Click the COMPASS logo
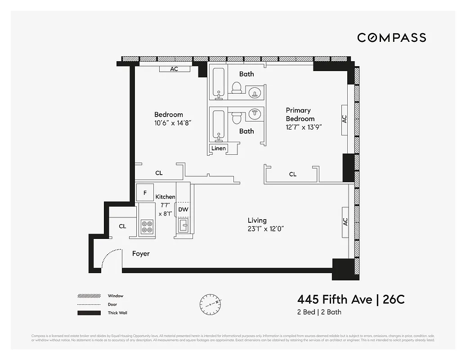tap(391, 38)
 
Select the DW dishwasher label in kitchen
tap(183, 209)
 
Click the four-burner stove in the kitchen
tap(147, 226)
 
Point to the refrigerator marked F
tap(145, 193)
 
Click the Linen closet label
tap(219, 148)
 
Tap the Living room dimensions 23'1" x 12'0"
tap(266, 229)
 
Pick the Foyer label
tap(141, 254)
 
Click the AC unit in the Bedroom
tap(174, 69)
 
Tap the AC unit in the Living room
tap(345, 221)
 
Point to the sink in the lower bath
tap(255, 114)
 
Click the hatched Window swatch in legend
tap(89, 296)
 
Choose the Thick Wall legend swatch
tap(89, 313)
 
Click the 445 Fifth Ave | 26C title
tap(351, 299)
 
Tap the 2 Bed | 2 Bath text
tap(319, 312)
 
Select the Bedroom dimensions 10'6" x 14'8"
tap(173, 123)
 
